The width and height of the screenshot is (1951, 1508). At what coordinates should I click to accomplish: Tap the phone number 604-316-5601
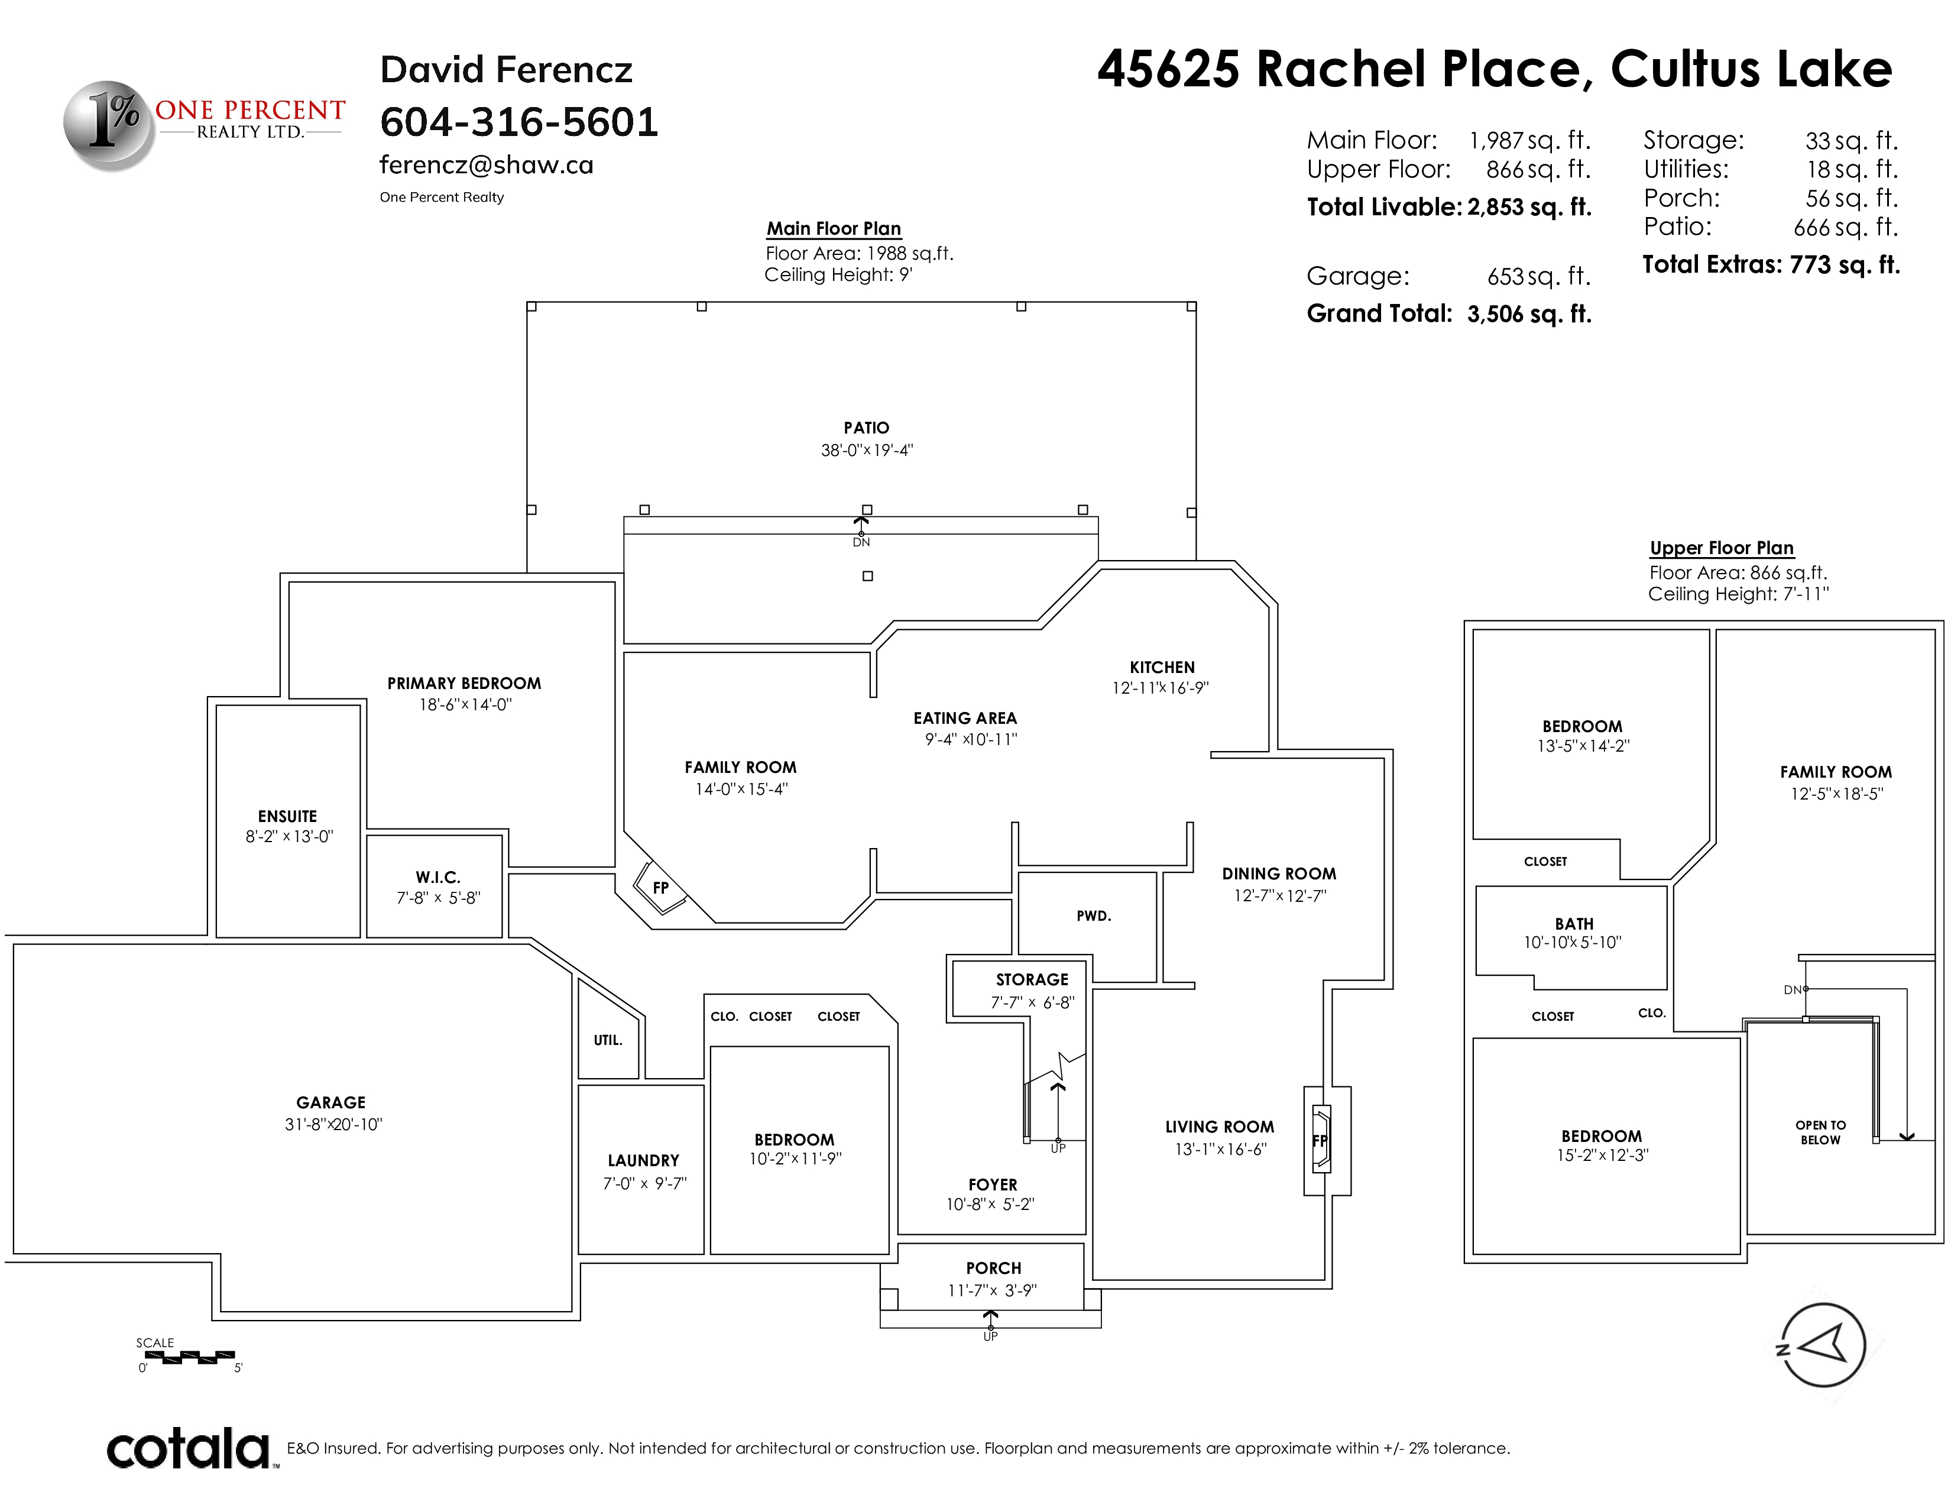tap(519, 122)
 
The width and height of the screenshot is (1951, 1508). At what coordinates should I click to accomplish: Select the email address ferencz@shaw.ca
tap(486, 164)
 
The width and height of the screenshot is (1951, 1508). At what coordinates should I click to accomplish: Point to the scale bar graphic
tap(189, 1357)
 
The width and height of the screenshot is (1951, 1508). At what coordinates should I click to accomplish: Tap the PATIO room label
tap(867, 428)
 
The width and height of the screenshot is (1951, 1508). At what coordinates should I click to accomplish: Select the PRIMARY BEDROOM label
tap(465, 684)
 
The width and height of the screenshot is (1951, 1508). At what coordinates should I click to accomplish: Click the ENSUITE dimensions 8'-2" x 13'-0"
tap(290, 837)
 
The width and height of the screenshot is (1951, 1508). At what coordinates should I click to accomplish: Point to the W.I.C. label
tap(437, 877)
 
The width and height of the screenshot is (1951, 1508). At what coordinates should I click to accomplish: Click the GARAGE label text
tap(332, 1102)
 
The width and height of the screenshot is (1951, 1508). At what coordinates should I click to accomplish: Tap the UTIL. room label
tap(607, 1040)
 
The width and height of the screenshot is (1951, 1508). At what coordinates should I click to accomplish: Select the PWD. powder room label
tap(1093, 915)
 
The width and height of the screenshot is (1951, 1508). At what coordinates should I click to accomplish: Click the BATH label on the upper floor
tap(1574, 924)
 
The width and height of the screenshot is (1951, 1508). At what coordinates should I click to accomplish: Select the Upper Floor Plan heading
tap(1722, 548)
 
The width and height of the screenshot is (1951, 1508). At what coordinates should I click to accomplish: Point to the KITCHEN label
tap(1162, 667)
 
